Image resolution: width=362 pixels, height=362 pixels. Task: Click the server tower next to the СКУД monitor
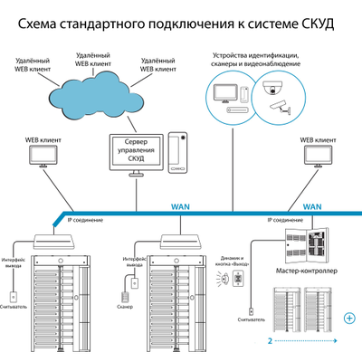click(x=178, y=154)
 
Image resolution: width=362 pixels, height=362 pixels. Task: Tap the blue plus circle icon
click(x=349, y=316)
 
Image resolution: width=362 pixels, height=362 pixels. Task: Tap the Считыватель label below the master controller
click(x=251, y=319)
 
